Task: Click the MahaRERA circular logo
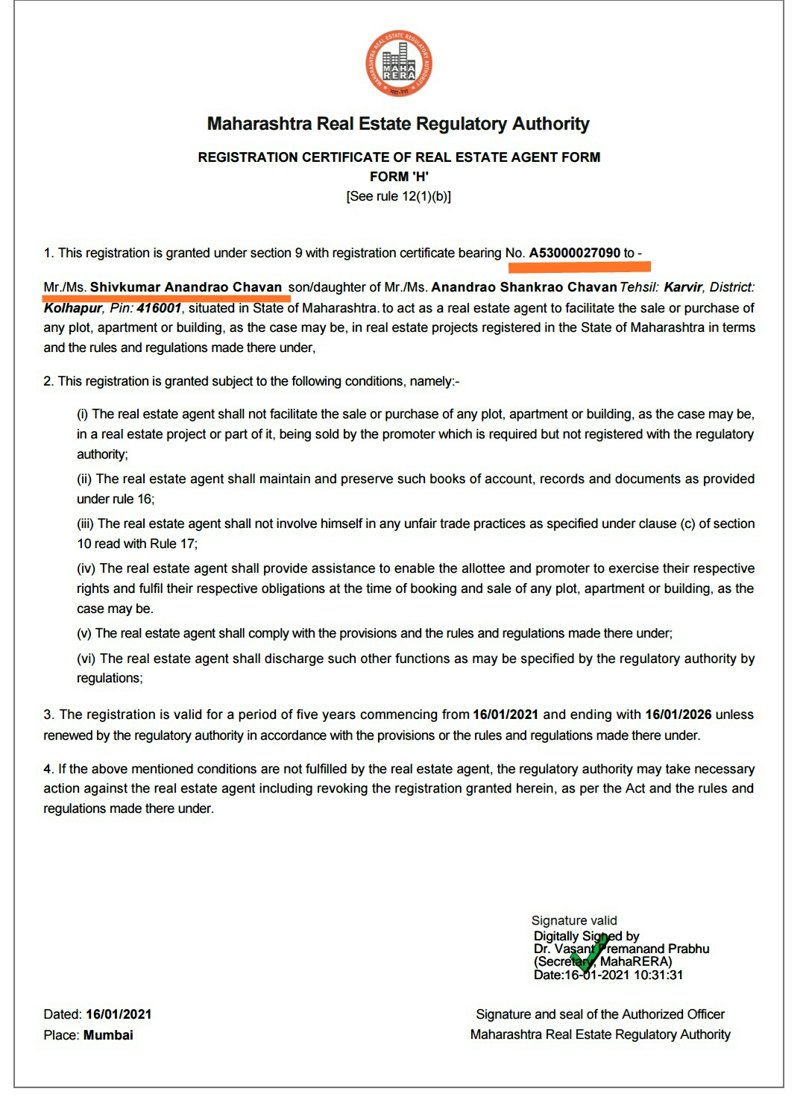click(x=399, y=63)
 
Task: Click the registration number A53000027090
click(x=574, y=253)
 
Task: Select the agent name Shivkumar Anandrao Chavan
click(x=186, y=287)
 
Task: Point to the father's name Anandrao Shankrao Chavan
click(x=523, y=287)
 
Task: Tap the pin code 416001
click(x=159, y=308)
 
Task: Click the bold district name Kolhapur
click(x=72, y=308)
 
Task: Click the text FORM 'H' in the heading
click(x=399, y=177)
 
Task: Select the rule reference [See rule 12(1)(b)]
click(x=399, y=196)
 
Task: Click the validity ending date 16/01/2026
click(x=678, y=714)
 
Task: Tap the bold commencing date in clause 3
click(x=506, y=714)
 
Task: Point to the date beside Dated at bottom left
click(x=119, y=1014)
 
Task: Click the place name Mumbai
click(x=108, y=1035)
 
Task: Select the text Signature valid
click(x=574, y=920)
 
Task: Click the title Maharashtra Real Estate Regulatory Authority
click(x=399, y=124)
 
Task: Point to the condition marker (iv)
click(x=86, y=568)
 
